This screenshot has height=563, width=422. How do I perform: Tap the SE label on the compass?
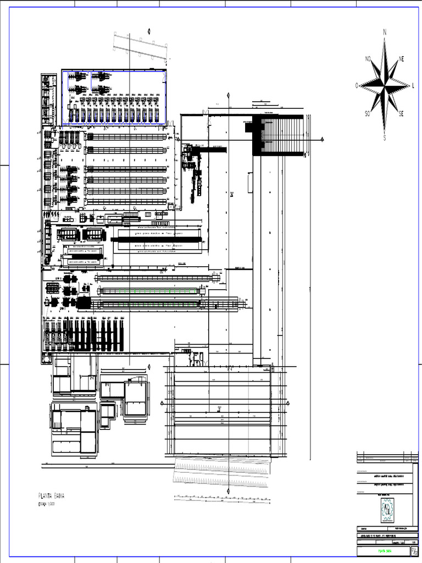pyautogui.click(x=401, y=114)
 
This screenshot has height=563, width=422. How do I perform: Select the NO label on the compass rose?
pyautogui.click(x=368, y=58)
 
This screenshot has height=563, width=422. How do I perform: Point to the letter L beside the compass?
pyautogui.click(x=413, y=86)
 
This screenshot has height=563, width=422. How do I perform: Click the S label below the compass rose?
pyautogui.click(x=385, y=138)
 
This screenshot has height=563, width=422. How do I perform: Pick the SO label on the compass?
pyautogui.click(x=367, y=114)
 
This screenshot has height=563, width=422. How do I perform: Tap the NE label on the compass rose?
pyautogui.click(x=402, y=58)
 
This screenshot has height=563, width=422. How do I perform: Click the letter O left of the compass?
pyautogui.click(x=357, y=86)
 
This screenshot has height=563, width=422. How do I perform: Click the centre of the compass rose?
pyautogui.click(x=385, y=85)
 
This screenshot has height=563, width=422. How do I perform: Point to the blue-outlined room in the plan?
pyautogui.click(x=114, y=97)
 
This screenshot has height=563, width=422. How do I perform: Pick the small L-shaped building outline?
pyautogui.click(x=108, y=412)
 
